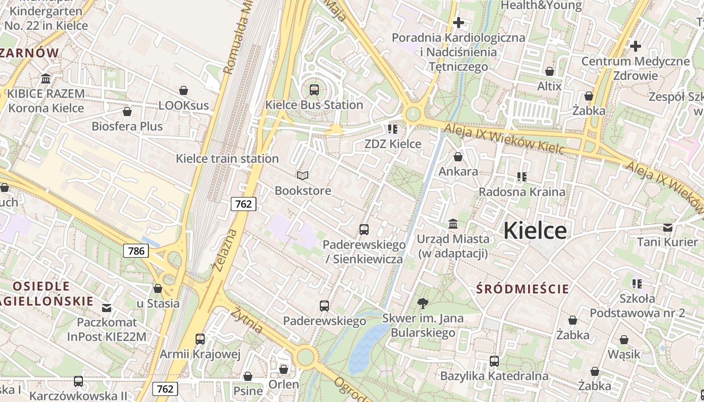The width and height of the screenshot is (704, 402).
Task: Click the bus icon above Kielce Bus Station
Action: click(x=314, y=90)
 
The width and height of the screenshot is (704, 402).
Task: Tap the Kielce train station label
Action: click(x=227, y=159)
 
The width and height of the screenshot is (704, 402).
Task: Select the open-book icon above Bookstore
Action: click(x=302, y=175)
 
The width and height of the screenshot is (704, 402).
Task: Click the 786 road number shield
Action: click(x=136, y=251)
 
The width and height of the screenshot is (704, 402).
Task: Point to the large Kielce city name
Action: click(x=535, y=231)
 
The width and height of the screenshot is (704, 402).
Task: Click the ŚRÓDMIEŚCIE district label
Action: click(x=522, y=289)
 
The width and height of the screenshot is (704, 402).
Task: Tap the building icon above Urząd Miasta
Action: click(x=453, y=224)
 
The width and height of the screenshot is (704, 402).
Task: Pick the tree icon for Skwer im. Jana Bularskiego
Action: click(x=423, y=303)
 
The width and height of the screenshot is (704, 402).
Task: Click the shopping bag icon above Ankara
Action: click(x=458, y=157)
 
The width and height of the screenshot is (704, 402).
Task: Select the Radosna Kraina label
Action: click(x=521, y=192)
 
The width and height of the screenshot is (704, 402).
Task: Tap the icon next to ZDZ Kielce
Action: click(x=393, y=129)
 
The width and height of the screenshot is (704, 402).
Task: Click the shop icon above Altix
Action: click(x=550, y=72)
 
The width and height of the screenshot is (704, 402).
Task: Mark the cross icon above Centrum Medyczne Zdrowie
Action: click(x=636, y=46)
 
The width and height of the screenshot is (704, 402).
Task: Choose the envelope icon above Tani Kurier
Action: click(x=668, y=228)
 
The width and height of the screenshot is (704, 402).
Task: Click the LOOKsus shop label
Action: click(x=184, y=106)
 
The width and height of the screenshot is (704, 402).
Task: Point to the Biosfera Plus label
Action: click(x=127, y=126)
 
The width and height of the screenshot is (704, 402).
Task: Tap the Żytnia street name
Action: click(x=246, y=320)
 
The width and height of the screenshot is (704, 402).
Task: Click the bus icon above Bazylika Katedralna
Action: click(x=494, y=361)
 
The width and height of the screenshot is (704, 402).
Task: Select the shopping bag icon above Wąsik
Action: click(x=624, y=340)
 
